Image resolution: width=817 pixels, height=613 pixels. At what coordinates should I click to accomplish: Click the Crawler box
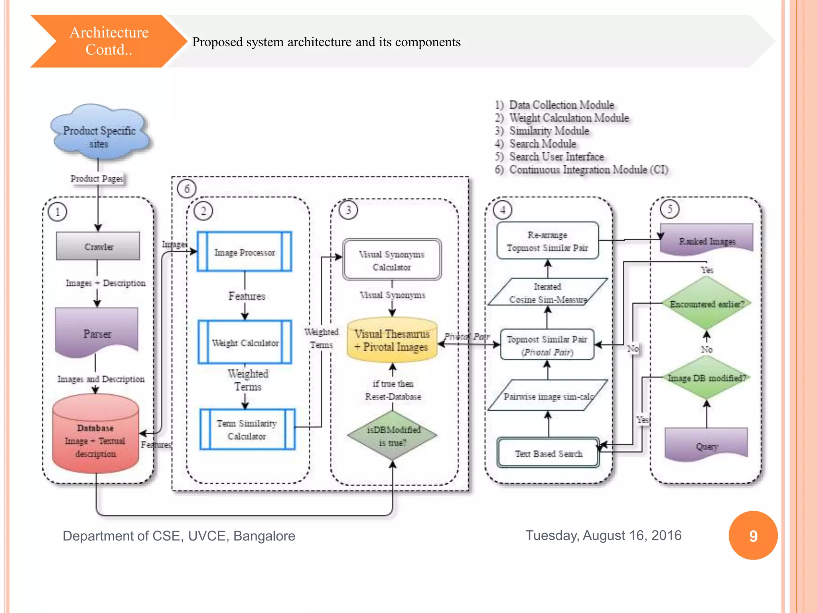click(x=98, y=246)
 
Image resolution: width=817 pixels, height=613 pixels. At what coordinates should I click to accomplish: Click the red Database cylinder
click(x=96, y=435)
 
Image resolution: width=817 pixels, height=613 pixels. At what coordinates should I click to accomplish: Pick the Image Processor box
click(x=245, y=252)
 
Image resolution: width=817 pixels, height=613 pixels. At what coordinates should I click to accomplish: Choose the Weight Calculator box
click(x=245, y=342)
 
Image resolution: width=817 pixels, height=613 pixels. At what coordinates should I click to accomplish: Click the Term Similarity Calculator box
click(x=247, y=429)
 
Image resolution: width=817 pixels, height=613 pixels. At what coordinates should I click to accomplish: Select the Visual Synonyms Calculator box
click(x=392, y=260)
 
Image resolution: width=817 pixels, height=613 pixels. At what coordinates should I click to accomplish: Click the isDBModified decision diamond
click(x=393, y=436)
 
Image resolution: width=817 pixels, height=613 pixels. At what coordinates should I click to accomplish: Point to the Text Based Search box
click(x=548, y=453)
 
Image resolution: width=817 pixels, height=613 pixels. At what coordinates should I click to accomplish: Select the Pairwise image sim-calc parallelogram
click(x=548, y=396)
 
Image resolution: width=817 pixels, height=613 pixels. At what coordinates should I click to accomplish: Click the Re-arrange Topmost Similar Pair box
click(x=547, y=241)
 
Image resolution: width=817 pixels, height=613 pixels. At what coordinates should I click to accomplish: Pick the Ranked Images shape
click(x=706, y=239)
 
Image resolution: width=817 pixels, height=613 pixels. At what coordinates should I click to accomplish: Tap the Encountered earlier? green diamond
click(x=706, y=304)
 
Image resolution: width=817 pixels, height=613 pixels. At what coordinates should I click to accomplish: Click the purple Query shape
click(x=706, y=444)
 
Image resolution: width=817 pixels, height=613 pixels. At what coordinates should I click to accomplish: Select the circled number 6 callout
click(x=187, y=189)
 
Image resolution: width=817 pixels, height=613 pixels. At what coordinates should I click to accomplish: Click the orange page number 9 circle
click(x=753, y=536)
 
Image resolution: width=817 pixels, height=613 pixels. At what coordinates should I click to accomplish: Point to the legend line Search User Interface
click(x=556, y=156)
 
